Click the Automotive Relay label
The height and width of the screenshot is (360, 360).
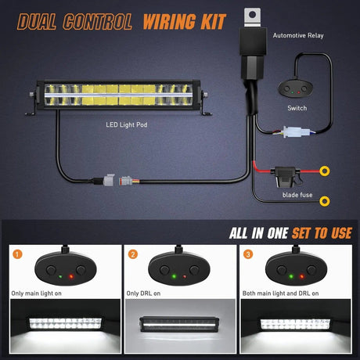click(298, 35)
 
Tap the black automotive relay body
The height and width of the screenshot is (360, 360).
click(253, 53)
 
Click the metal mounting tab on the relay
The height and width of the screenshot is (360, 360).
click(252, 17)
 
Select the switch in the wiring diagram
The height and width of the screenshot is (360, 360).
click(295, 88)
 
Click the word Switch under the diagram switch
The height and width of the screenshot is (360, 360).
click(297, 108)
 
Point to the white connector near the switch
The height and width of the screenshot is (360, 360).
click(297, 132)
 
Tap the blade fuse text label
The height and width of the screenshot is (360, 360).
click(297, 195)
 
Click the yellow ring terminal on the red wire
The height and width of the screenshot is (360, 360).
click(325, 171)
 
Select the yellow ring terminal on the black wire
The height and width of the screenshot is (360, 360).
click(325, 201)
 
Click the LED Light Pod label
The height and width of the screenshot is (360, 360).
click(127, 125)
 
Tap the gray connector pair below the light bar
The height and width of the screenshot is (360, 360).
click(118, 180)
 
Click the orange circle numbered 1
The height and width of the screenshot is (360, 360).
click(17, 254)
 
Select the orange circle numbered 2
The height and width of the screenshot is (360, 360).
click(133, 254)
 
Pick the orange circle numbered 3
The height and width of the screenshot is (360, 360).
click(248, 254)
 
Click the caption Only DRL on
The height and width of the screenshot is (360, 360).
click(143, 293)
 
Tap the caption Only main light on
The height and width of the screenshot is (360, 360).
click(36, 293)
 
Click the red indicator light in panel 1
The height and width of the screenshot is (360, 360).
click(71, 276)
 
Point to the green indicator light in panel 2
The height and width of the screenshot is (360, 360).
click(174, 276)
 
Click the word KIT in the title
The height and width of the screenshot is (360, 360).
click(213, 21)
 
